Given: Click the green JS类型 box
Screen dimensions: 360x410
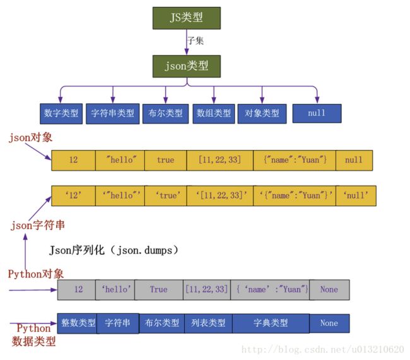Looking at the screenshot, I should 187,18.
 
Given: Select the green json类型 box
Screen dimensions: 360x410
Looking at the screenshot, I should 187,64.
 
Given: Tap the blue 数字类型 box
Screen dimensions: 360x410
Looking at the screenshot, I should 61,113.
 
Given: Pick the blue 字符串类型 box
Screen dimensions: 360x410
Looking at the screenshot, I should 112,113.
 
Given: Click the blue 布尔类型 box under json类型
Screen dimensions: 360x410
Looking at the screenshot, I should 165,113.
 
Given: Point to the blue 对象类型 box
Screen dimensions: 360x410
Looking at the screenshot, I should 262,113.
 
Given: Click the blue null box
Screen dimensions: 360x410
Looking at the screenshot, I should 317,113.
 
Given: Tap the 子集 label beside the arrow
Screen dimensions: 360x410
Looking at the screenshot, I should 196,40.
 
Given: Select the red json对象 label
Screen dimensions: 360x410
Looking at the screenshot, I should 30,137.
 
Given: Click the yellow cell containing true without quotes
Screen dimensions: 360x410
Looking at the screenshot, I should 165,160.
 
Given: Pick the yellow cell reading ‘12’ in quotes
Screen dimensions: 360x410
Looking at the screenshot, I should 73,195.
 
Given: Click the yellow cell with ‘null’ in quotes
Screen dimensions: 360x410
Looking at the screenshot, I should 356,195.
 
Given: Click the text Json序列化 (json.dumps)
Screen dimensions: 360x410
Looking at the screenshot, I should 114,250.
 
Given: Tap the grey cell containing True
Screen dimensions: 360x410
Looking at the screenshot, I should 158,289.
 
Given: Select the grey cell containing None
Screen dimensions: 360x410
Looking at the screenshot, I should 329,289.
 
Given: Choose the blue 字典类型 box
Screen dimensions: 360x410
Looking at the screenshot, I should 271,323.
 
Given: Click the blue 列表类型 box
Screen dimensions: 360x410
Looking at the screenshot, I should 208,323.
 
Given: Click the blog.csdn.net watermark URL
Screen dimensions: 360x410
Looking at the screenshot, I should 323,349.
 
